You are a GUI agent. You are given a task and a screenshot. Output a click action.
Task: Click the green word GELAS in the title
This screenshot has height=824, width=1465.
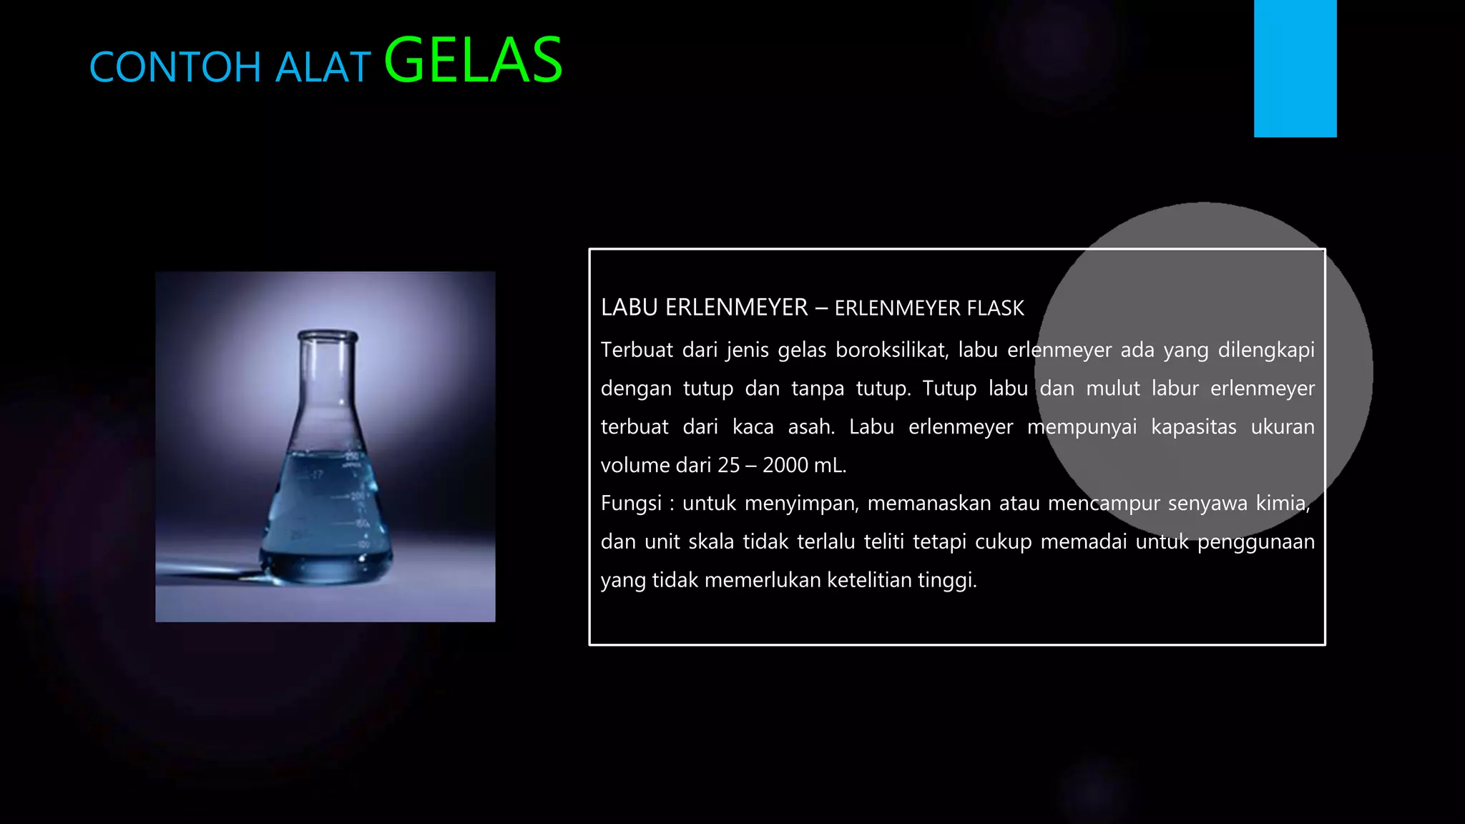pos(473,62)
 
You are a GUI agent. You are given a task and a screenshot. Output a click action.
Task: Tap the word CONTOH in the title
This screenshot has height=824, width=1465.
pos(175,68)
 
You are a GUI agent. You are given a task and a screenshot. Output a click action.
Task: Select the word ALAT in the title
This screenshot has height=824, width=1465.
pos(323,68)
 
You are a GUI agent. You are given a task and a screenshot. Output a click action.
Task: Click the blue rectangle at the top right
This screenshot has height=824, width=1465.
pos(1295,68)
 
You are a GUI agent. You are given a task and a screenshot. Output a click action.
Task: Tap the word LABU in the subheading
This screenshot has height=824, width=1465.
pos(629,308)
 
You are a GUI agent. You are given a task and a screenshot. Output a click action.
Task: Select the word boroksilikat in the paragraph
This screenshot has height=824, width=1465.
pos(891,350)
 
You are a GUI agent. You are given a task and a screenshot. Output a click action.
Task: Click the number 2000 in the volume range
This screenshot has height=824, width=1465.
pos(785,465)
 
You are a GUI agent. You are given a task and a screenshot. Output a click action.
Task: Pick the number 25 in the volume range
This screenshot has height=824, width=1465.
pos(728,465)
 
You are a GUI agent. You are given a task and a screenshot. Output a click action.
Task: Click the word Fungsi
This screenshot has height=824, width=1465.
pos(631,504)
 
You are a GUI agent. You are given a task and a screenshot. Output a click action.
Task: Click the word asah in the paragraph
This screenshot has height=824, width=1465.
pos(810,427)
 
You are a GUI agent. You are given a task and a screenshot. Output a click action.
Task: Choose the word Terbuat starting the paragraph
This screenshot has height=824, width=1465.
pos(637,350)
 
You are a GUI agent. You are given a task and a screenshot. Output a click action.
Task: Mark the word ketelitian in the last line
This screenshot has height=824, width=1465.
pos(868,580)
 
